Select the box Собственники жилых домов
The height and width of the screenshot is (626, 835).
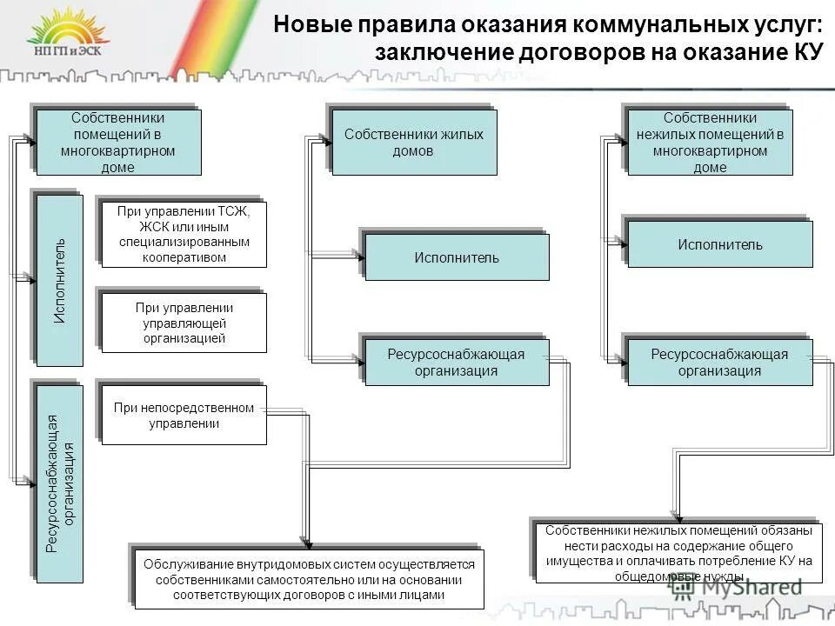coord(414,142)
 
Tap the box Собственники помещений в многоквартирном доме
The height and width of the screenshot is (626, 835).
coord(118,142)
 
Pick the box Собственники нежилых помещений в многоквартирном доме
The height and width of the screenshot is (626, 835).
coord(710,142)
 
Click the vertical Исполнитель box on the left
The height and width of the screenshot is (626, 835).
coord(60,280)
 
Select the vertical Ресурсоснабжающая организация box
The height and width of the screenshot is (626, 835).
coord(60,483)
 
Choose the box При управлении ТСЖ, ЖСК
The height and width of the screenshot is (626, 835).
coord(184,234)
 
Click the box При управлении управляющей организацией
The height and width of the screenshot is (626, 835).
coord(184,322)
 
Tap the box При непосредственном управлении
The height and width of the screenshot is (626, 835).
coord(184,416)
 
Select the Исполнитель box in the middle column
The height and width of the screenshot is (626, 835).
coord(457,257)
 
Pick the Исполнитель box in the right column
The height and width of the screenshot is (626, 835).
coord(720,244)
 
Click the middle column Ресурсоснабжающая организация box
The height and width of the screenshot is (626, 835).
coord(457,363)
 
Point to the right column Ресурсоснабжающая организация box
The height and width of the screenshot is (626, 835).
coord(720,363)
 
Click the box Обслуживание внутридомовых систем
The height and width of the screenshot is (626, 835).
coord(309,579)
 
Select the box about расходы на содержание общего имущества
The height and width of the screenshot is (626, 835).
coord(678,552)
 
